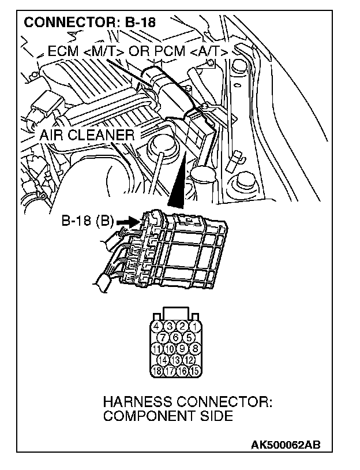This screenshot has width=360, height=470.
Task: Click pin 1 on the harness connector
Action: pos(196,327)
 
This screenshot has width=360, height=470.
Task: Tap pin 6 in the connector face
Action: pos(175,338)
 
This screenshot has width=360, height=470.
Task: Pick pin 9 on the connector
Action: pos(182,349)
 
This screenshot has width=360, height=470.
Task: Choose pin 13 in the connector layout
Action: pos(175,360)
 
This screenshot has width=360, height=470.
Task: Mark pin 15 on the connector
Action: pos(196,371)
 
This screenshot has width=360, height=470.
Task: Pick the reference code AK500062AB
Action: pos(286,445)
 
